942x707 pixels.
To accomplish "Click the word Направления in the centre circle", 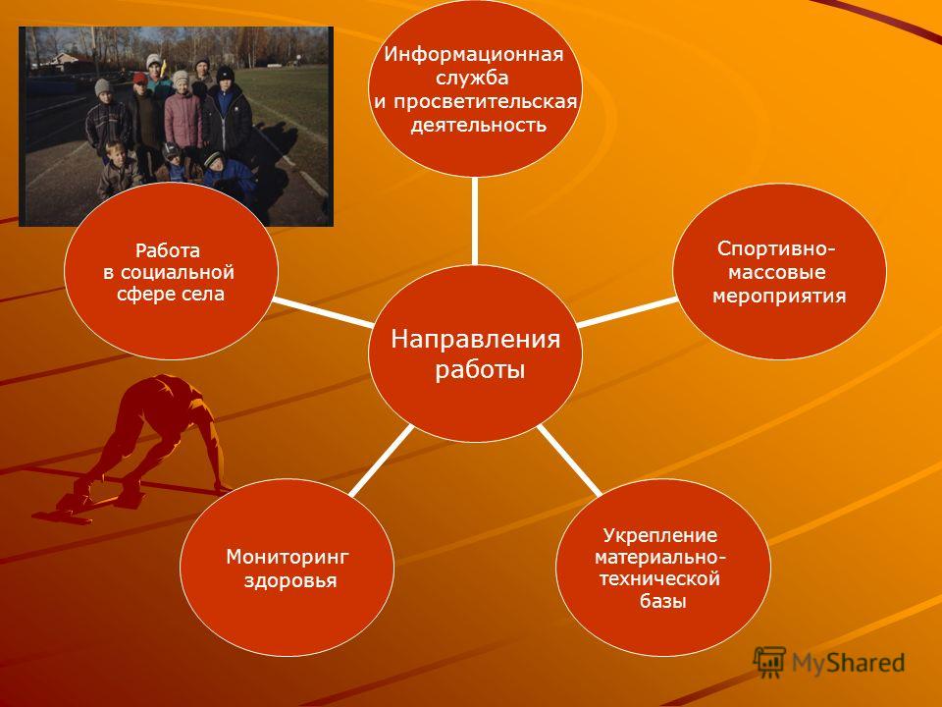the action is coord(475,339).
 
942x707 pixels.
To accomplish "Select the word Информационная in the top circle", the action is coord(474,55).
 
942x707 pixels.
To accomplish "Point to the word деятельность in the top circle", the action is coord(478,125).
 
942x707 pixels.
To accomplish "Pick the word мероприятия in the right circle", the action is coord(778,296).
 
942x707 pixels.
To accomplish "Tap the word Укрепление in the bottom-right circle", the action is coord(660,535).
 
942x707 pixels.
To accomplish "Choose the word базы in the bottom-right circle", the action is coord(662,601).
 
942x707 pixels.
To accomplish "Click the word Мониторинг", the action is coord(288,558).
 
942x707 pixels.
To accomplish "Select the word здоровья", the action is coord(290,580).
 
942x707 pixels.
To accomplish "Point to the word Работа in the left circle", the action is coord(168,250).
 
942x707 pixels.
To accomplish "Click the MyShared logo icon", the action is coord(769,663).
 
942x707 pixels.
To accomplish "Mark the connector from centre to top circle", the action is coord(475,221).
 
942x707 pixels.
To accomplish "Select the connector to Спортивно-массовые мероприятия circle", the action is coord(627,311).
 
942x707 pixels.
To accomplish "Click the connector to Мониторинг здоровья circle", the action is coord(382,461).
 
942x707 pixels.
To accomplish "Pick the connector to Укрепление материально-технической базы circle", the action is coord(569,461).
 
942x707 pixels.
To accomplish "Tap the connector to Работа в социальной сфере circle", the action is coord(323,311).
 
